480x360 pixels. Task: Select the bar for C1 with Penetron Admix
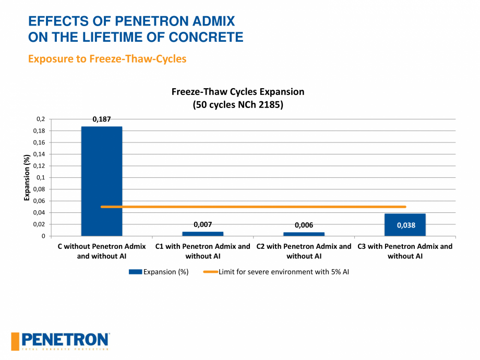tap(202, 234)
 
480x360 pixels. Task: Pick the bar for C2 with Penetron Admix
tap(304, 234)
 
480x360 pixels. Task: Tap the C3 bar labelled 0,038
tap(405, 225)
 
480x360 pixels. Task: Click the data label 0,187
tap(102, 119)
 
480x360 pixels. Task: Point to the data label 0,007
tap(202, 224)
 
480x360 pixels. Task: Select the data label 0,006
tap(304, 225)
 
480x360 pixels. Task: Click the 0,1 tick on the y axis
tap(40, 177)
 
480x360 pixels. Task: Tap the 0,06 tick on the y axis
tap(39, 201)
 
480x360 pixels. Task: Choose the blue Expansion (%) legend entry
tap(159, 272)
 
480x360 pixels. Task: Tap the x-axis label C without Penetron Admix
tap(102, 251)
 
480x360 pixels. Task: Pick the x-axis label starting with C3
tap(405, 251)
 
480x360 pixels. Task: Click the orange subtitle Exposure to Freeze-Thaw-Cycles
tap(107, 58)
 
